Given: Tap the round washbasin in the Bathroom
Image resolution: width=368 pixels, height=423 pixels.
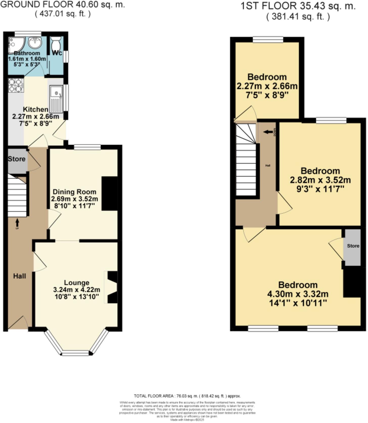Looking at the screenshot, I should click(x=35, y=43).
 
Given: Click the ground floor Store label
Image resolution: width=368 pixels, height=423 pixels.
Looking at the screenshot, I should click(x=17, y=159).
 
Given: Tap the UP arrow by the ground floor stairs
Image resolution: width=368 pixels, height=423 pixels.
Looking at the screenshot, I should click(x=17, y=223).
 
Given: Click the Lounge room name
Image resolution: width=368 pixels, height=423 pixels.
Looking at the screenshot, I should click(x=76, y=283).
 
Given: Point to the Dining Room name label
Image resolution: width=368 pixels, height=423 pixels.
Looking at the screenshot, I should click(x=74, y=192).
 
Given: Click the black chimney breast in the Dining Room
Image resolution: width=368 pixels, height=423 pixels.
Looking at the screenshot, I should click(x=110, y=194).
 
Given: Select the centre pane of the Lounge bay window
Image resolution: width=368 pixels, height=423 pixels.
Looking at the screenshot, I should click(x=76, y=353).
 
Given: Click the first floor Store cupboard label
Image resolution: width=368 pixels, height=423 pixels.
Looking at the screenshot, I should click(x=353, y=246).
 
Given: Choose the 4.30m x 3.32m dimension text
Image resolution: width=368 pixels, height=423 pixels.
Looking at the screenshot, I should click(x=298, y=294).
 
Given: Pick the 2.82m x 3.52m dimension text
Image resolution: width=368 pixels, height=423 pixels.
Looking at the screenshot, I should click(x=320, y=180).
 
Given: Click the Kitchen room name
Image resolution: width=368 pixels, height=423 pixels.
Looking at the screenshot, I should click(x=36, y=110).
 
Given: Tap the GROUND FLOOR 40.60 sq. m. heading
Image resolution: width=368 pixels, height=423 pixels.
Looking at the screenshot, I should click(x=63, y=5).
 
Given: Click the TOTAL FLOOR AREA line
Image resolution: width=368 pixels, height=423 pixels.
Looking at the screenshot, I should click(x=187, y=396).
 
